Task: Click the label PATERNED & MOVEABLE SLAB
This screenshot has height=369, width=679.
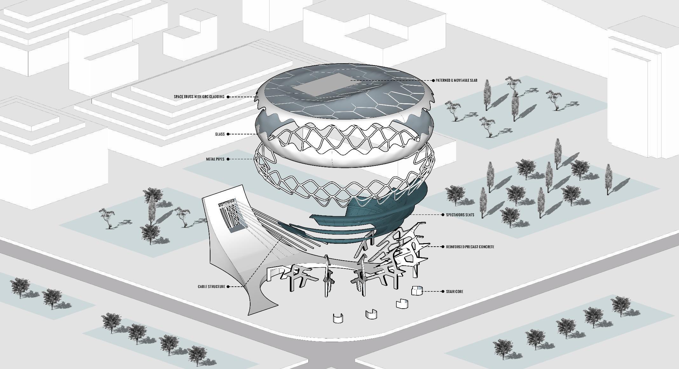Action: [456, 80]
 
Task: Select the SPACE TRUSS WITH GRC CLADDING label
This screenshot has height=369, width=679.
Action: [199, 97]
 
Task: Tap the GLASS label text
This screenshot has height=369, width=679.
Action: [220, 134]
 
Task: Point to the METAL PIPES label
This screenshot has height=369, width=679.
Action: [215, 159]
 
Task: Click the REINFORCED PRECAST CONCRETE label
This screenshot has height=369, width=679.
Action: [470, 247]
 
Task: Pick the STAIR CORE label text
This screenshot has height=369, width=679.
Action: [455, 291]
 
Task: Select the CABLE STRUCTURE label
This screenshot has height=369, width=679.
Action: [211, 287]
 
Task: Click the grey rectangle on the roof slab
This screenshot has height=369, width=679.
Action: [321, 85]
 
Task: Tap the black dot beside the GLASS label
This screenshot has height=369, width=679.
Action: [228, 134]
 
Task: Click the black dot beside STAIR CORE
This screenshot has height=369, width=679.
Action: [443, 291]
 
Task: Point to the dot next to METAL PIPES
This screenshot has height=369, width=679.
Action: [228, 159]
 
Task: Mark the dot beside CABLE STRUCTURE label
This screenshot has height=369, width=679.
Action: [228, 287]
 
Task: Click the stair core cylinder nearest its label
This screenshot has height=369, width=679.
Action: [417, 290]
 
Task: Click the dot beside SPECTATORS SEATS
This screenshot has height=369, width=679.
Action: [443, 215]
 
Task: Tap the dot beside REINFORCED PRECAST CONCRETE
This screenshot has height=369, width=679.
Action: [443, 247]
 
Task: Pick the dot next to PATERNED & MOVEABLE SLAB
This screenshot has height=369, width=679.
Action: [433, 80]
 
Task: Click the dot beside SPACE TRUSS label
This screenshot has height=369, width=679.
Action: [228, 97]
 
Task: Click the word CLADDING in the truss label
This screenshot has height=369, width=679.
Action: [217, 97]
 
